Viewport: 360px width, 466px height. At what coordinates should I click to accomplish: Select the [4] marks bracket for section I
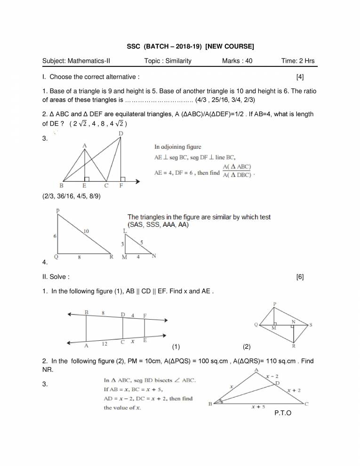(x=300, y=76)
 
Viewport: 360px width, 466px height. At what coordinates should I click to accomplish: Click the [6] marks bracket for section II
(x=300, y=277)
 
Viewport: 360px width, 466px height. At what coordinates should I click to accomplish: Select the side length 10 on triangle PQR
(x=86, y=231)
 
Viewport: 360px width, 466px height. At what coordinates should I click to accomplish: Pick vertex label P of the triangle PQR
(x=57, y=213)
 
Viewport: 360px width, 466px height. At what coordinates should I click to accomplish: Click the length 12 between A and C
(x=104, y=344)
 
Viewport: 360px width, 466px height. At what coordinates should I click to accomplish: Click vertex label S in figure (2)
(x=310, y=325)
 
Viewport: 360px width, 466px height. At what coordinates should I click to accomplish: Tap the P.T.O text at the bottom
(x=282, y=413)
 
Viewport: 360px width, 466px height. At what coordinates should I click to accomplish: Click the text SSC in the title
(x=134, y=46)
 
